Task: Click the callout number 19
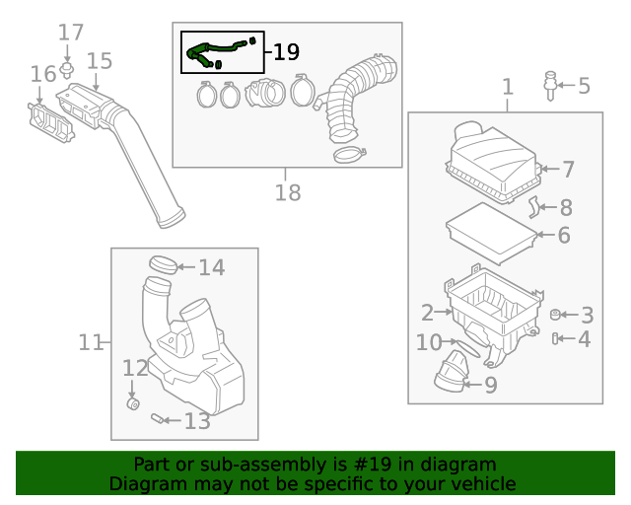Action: (x=286, y=52)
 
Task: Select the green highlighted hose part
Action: (x=212, y=49)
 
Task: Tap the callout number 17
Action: (x=70, y=33)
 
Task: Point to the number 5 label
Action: (x=584, y=86)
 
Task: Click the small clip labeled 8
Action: (x=532, y=206)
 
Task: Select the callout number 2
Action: (x=427, y=313)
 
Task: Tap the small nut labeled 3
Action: (x=554, y=315)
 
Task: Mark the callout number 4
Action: (x=585, y=339)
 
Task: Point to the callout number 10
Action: (x=429, y=342)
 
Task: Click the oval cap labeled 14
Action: (x=165, y=264)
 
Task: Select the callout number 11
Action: (x=91, y=342)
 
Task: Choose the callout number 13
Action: (x=197, y=422)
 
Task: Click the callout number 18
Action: (x=287, y=192)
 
